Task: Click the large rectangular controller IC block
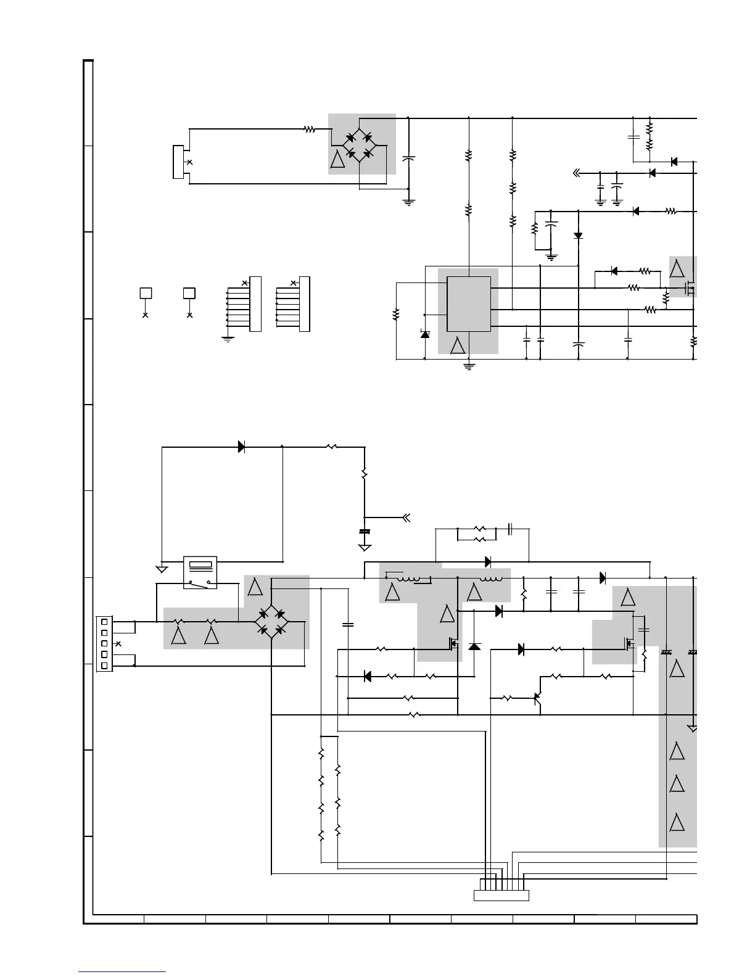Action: coord(469,303)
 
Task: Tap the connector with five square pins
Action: coord(104,643)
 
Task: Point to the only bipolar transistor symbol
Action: coord(537,698)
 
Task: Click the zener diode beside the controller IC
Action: coord(425,334)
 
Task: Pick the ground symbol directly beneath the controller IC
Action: coord(469,366)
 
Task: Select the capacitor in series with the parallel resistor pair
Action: coord(511,529)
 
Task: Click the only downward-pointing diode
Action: coord(578,236)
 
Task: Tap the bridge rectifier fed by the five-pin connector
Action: coord(272,622)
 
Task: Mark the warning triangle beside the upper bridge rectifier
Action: coord(338,160)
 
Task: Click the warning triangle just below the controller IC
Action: coord(458,345)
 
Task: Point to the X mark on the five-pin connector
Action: coord(118,643)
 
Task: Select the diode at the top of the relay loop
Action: coord(242,447)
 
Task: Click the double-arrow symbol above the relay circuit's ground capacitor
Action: coord(406,517)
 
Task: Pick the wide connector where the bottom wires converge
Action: coord(501,895)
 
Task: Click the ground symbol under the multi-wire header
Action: coord(228,339)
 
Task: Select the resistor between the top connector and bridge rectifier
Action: coord(309,129)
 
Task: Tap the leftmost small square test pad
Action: coord(146,293)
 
